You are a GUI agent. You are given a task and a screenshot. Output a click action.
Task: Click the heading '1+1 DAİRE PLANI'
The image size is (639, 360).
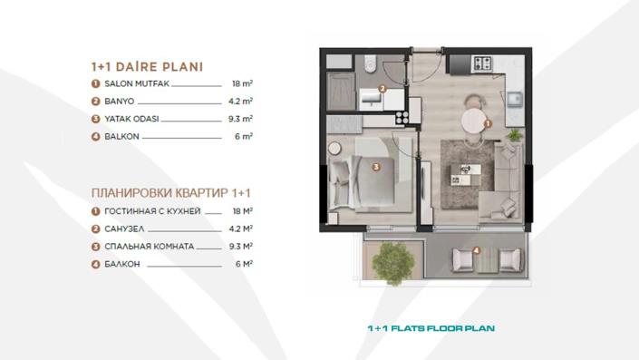click(x=147, y=66)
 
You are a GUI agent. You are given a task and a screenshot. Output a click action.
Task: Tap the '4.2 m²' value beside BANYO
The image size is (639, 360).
click(x=240, y=101)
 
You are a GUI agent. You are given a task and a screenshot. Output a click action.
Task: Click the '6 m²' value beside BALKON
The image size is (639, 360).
click(x=244, y=137)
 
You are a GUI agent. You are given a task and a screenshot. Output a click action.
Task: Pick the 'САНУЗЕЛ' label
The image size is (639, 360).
click(x=123, y=229)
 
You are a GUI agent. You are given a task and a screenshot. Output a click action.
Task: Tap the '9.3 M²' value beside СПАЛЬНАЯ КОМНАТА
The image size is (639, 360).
click(x=240, y=247)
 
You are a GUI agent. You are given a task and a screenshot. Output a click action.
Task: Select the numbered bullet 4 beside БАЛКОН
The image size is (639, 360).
click(x=95, y=265)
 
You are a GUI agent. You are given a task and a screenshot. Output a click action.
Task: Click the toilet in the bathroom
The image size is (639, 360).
click(x=369, y=64)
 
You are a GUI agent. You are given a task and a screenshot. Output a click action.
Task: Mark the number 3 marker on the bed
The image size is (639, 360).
click(x=375, y=166)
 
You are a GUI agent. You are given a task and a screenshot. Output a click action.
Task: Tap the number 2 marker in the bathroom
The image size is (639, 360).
click(x=382, y=89)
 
